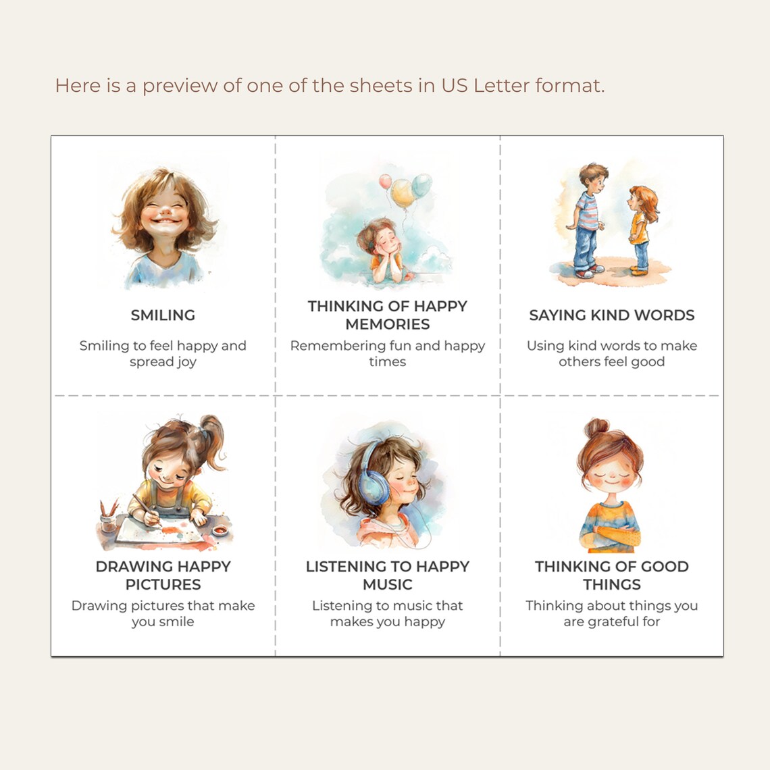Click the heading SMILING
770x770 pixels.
pos(163,315)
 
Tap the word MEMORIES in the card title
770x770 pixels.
pos(387,324)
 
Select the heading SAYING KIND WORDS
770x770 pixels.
pos(611,315)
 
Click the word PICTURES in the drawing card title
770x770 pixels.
pos(163,584)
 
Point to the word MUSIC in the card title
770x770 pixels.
pos(387,584)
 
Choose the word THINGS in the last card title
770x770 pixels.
pos(611,584)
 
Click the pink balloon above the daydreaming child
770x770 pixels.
pos(385,181)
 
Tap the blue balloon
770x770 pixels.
pos(421,184)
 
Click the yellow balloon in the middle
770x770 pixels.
pos(403,192)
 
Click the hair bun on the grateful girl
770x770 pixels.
pos(596,428)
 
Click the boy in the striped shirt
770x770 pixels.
pos(586,220)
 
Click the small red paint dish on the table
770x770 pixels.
pos(220,532)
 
